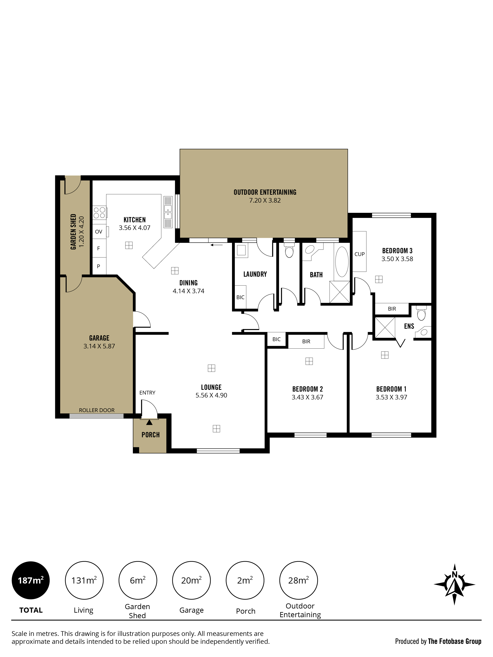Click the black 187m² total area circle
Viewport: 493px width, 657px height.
31,580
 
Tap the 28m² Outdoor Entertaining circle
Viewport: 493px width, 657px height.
298,580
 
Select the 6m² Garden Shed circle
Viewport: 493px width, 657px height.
138,580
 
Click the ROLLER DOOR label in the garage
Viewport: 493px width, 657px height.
97,410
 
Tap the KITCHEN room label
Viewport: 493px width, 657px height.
135,220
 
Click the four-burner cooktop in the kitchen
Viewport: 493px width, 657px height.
100,213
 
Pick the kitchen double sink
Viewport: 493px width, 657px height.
168,212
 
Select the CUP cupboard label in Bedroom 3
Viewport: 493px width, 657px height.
360,254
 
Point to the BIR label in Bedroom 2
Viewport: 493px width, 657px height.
306,342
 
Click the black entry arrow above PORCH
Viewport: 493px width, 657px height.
149,422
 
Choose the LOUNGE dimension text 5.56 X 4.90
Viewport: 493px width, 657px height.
211,395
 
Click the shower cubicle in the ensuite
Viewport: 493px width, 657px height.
385,327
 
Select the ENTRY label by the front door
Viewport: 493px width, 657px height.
147,393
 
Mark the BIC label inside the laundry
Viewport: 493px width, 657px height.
240,297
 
